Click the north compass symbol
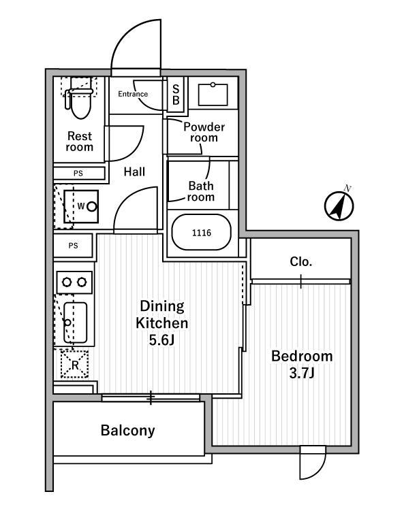[339, 205]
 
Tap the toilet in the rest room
[79, 99]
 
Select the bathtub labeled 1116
[202, 232]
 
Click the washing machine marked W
[81, 207]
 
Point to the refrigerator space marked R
[75, 364]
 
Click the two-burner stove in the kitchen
[74, 282]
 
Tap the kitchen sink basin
[76, 323]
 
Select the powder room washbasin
[213, 95]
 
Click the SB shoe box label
[176, 95]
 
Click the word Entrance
[133, 94]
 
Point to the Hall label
[134, 171]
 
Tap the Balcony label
[127, 430]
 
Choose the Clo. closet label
[301, 261]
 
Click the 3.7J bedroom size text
[302, 373]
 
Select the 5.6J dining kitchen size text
[161, 340]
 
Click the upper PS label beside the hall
[78, 174]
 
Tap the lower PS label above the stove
[73, 246]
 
